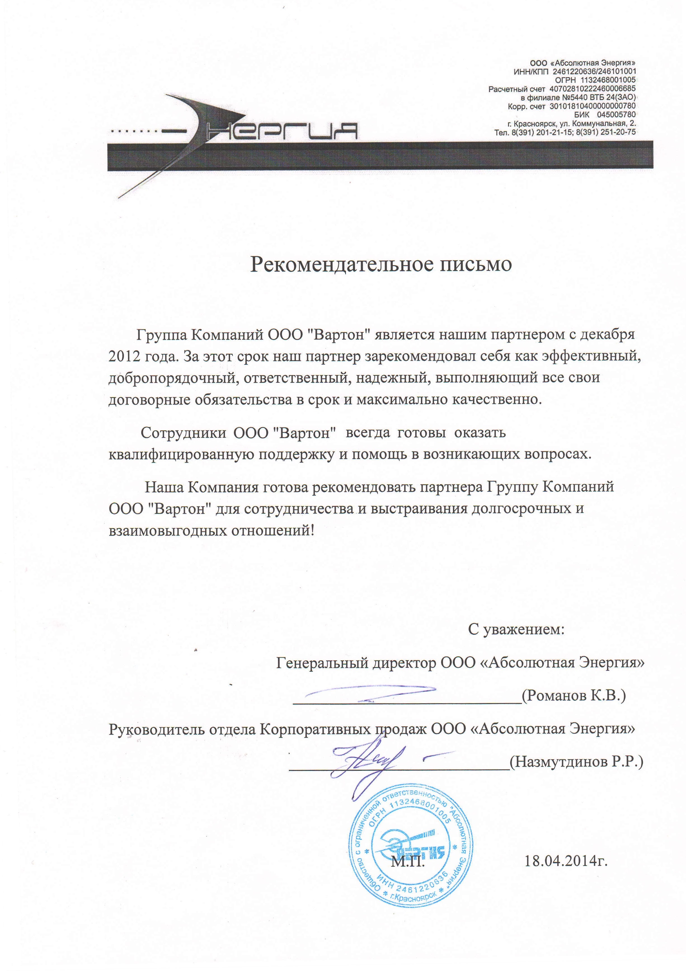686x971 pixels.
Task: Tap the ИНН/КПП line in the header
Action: click(574, 71)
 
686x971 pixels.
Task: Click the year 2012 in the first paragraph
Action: click(124, 356)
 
